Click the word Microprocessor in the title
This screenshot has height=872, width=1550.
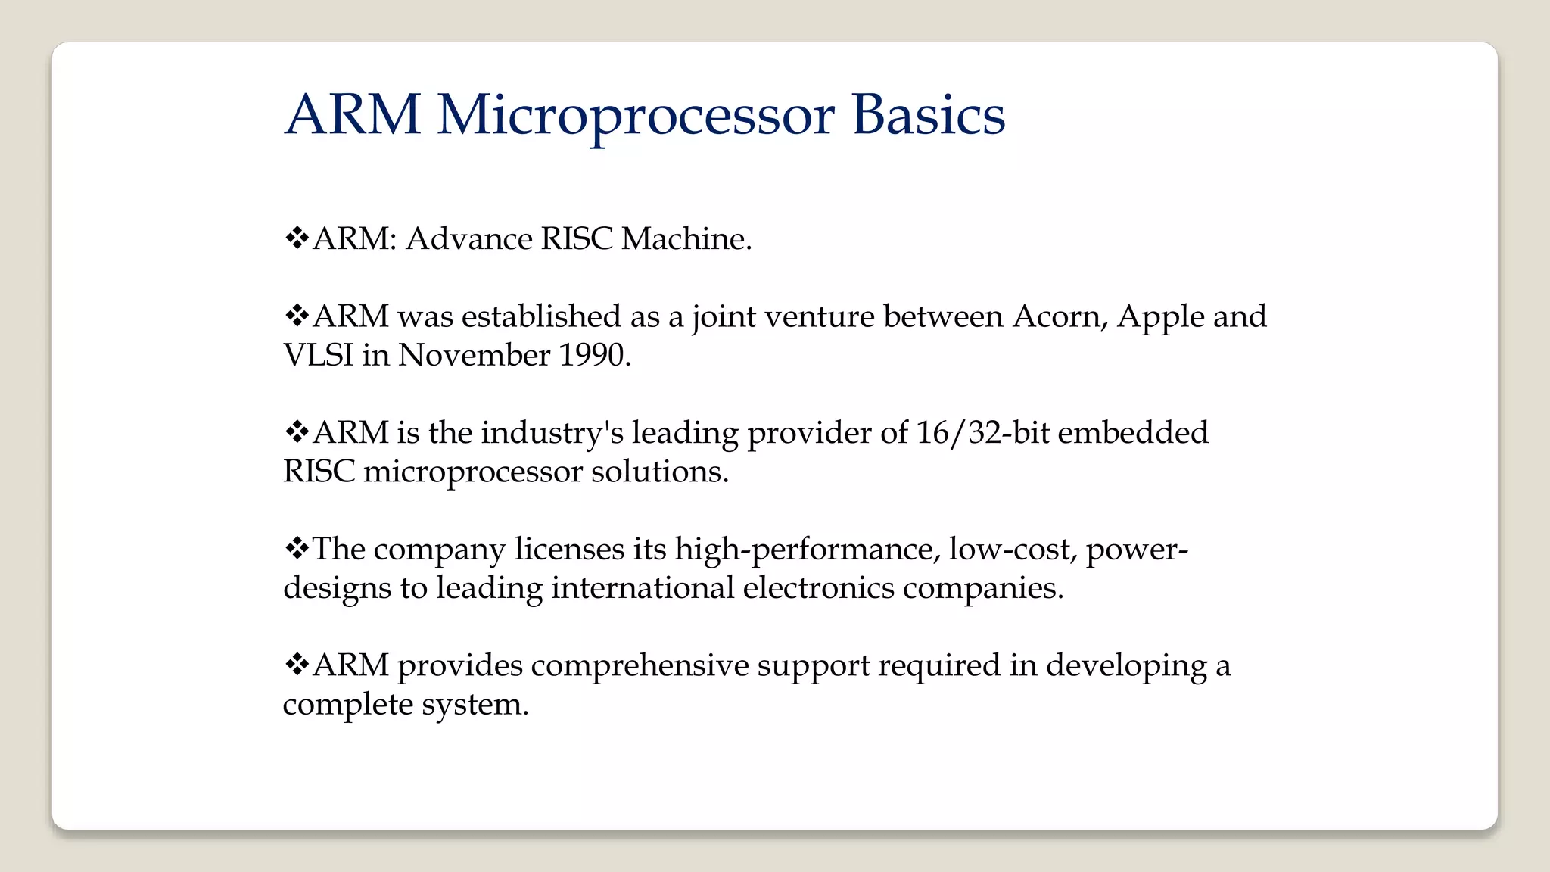[636, 116]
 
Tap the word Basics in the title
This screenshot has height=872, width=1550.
[929, 116]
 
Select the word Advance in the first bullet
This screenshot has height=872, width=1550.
[469, 239]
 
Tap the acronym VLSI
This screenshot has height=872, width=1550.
[318, 355]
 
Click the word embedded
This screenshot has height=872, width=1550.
[1133, 433]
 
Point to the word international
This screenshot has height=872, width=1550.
[643, 587]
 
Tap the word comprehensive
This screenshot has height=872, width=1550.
[640, 666]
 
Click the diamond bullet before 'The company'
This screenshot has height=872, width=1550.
[297, 548]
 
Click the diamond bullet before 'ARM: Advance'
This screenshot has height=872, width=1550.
[297, 238]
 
